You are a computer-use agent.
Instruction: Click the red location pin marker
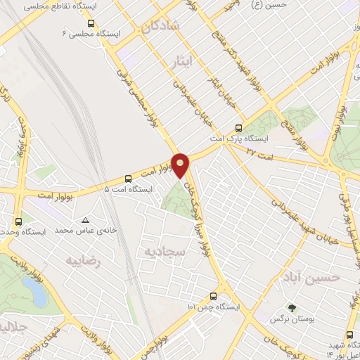coord(181,165)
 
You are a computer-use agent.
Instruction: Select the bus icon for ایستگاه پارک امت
coord(239,128)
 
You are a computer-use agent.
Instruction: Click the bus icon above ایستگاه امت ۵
coord(127,179)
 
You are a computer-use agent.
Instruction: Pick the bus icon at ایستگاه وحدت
coord(19,221)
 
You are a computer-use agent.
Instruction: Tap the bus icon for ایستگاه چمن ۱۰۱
coord(214,297)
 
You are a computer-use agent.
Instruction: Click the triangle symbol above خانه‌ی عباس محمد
coord(85,219)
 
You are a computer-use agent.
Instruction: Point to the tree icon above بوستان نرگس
coord(292,308)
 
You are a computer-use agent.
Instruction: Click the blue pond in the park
coord(33,289)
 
